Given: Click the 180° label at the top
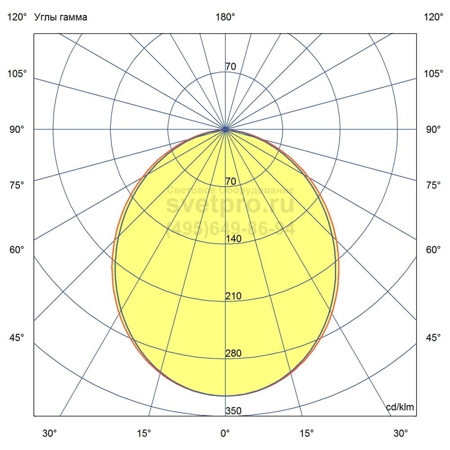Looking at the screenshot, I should pos(225,18).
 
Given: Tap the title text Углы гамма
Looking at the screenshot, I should pos(61,18).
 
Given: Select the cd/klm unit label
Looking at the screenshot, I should pos(400,407).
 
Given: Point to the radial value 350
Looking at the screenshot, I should pos(234,411).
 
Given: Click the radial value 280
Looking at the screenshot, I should pos(234,353).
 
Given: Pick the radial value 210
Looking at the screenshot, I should pos(234,296).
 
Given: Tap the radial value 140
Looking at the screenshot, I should pos(234,239).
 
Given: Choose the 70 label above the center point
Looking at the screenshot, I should pos(230,67).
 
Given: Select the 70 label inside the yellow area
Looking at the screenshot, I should pos(230,182).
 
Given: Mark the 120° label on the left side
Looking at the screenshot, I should pos(17,18).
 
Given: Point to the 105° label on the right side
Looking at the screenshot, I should pos(433,73).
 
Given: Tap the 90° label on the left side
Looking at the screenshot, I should pos(17,130).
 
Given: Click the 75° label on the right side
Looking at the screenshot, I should pos(433,185).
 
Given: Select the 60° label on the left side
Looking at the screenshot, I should pos(17,250).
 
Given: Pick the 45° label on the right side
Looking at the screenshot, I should pos(433,338).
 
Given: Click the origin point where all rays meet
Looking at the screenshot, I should pos(225,129).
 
